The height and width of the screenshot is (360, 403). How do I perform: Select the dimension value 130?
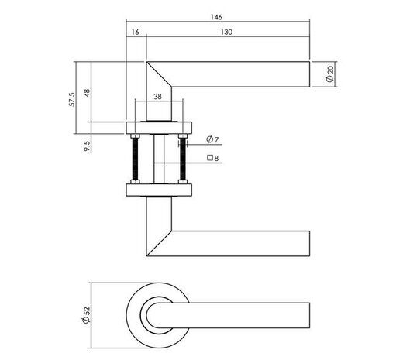[x=227, y=33]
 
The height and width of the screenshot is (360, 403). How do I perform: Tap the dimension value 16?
[x=136, y=33]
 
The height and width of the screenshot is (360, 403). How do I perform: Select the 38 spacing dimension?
[x=157, y=98]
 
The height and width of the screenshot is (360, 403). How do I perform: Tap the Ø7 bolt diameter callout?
[x=213, y=140]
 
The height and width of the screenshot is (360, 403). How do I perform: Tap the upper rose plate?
[x=158, y=129]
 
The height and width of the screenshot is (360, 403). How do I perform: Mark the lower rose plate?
[x=158, y=190]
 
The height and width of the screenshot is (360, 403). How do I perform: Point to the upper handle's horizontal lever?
[x=240, y=74]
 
